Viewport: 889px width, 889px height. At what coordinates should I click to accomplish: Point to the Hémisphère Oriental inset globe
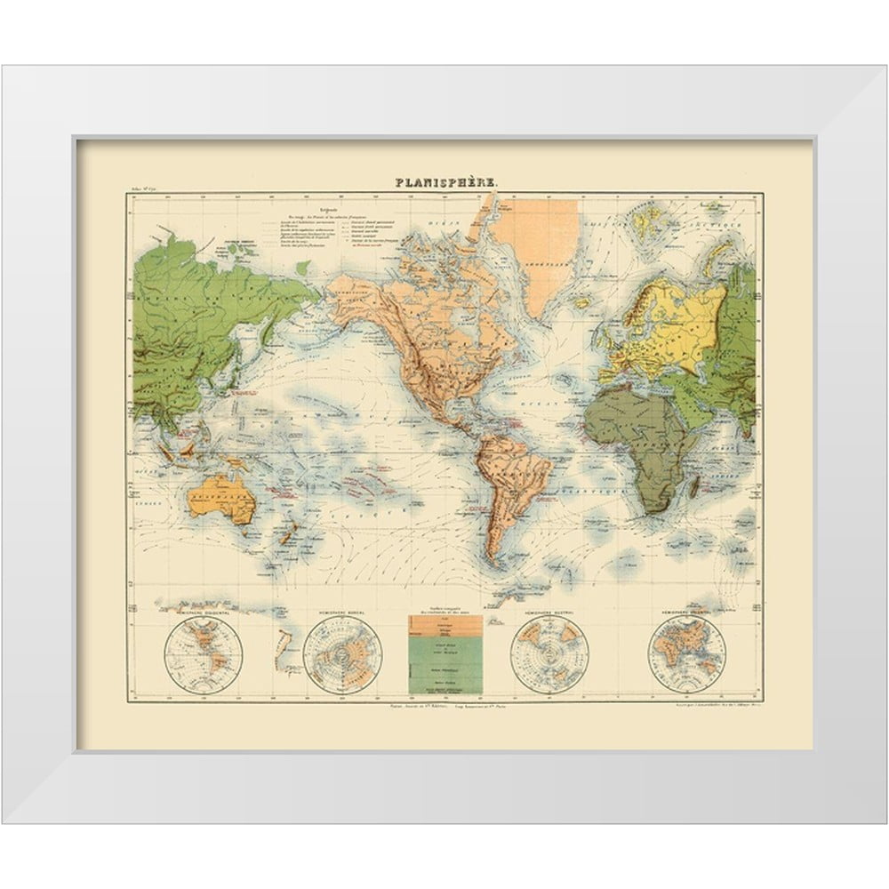click(686, 656)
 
